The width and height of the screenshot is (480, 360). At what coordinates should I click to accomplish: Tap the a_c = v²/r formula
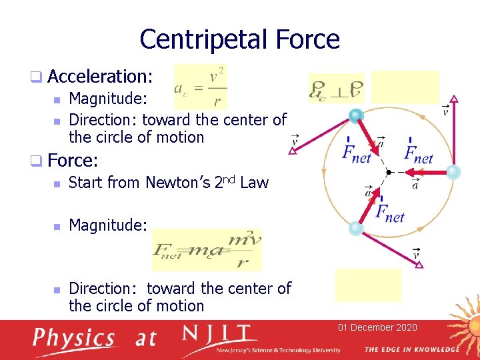pyautogui.click(x=200, y=87)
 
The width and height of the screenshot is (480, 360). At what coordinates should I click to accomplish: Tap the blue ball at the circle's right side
pyautogui.click(x=453, y=172)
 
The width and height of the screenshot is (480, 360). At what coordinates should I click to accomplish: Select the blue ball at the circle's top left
pyautogui.click(x=357, y=116)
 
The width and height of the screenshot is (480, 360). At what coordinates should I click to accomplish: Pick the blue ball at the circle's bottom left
pyautogui.click(x=356, y=228)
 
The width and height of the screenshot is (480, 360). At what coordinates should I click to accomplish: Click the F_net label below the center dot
pyautogui.click(x=390, y=213)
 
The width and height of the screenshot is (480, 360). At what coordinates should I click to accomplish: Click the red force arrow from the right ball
pyautogui.click(x=427, y=172)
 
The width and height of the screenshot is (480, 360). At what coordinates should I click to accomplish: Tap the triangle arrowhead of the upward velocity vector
pyautogui.click(x=454, y=100)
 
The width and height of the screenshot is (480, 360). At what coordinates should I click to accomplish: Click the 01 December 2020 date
pyautogui.click(x=377, y=327)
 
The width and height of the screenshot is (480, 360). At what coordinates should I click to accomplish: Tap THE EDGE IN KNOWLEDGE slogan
pyautogui.click(x=411, y=349)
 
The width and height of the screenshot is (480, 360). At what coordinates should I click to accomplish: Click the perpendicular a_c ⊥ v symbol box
pyautogui.click(x=337, y=89)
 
